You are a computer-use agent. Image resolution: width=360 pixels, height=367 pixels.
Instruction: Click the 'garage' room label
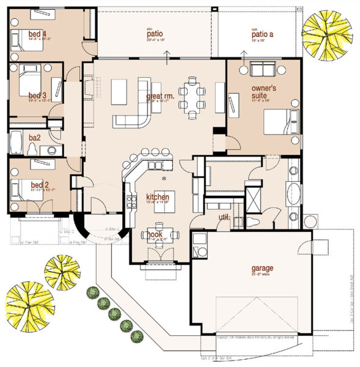point(261,268)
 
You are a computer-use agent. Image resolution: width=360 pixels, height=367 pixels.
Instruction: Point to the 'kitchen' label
point(156,197)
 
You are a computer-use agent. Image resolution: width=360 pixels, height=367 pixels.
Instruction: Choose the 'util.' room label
point(224,217)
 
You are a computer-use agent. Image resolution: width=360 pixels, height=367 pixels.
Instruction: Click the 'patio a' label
point(262,35)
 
